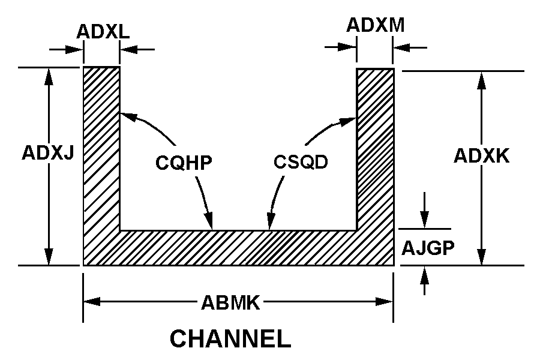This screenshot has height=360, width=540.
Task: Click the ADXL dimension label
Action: click(x=102, y=31)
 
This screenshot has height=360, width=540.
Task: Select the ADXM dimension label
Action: click(x=376, y=25)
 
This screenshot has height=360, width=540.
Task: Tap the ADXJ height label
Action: click(x=47, y=153)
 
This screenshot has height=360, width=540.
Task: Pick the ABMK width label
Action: click(x=230, y=302)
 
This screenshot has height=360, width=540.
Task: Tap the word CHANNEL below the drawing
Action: click(x=230, y=339)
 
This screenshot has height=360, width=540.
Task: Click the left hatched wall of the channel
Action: click(x=101, y=150)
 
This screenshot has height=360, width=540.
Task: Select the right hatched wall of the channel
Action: click(x=376, y=150)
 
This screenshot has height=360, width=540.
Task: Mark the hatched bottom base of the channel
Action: click(x=240, y=248)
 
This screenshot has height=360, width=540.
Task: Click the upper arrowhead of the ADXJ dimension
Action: click(x=49, y=75)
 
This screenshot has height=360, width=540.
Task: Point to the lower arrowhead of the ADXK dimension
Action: click(x=481, y=257)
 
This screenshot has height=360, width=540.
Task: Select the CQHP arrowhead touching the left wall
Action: click(x=125, y=115)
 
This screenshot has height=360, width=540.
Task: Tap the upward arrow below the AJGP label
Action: click(x=425, y=274)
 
